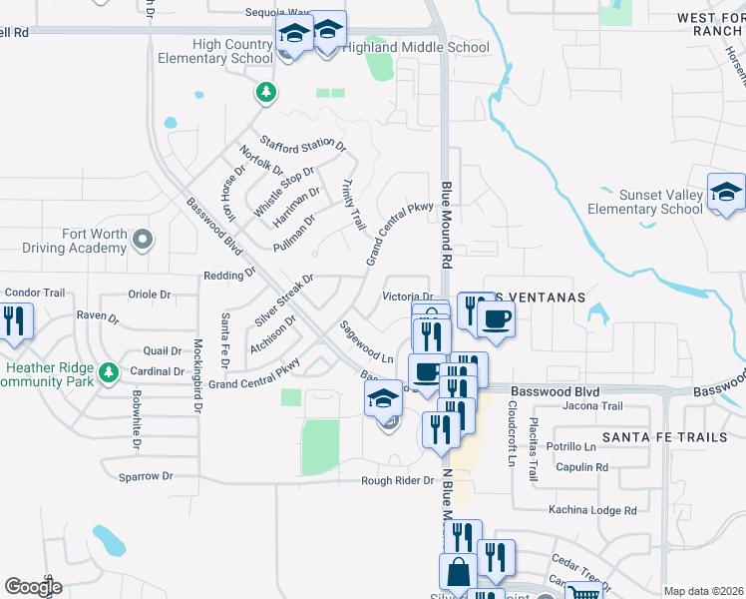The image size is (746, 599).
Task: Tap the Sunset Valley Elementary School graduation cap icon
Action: pos(726,193)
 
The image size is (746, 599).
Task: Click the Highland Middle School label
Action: pos(416,47)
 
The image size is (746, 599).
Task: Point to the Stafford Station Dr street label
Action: pos(302,145)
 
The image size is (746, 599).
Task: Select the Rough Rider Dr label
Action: pos(399,480)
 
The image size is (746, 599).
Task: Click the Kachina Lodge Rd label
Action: pos(591,510)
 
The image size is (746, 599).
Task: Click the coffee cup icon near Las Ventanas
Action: pos(496,318)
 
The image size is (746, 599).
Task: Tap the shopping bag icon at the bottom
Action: pos(458,573)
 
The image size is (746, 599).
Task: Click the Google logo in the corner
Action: pos(33,586)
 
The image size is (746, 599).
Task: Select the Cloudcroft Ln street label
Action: pos(512,434)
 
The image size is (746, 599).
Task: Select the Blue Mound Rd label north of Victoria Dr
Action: pos(447,224)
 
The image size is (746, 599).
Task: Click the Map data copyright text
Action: pos(702,591)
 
